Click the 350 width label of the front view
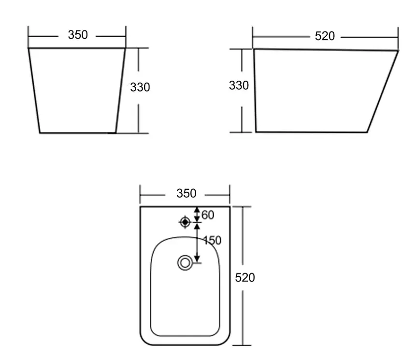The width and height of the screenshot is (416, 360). click(78, 35)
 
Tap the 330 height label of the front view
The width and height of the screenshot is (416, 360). click(140, 87)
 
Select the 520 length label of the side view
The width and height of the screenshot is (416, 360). click(325, 36)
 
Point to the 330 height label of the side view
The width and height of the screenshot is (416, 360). click(239, 86)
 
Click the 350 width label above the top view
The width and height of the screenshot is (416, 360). click(186, 193)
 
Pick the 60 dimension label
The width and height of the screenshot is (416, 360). click(208, 215)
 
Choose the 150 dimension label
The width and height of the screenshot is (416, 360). click(212, 240)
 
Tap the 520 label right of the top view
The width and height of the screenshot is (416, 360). click(245, 277)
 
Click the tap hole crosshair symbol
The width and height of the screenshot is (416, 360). click(185, 222)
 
